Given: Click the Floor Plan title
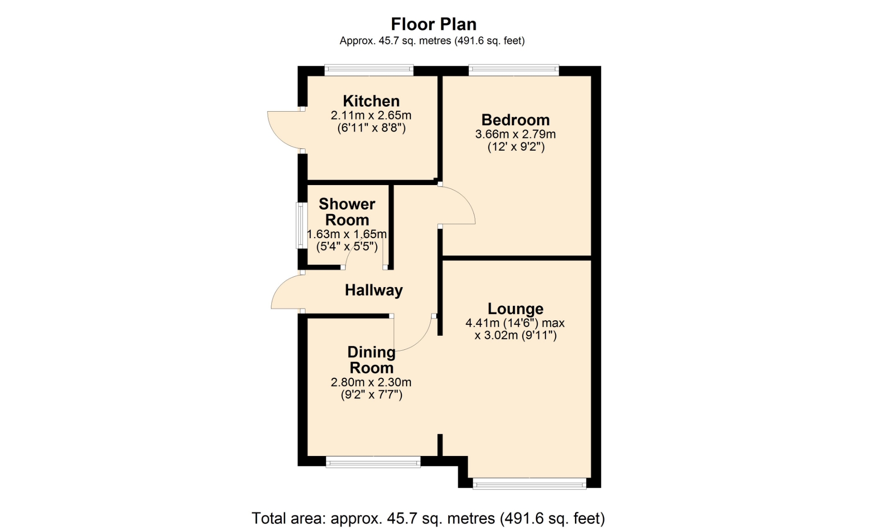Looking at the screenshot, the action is (x=434, y=24).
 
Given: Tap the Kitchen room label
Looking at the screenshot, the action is (x=371, y=101).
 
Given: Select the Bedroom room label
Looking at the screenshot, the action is (x=516, y=120).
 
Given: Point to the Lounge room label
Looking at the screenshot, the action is (x=516, y=309).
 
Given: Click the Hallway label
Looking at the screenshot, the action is (x=374, y=290).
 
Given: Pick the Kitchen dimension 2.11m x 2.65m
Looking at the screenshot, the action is (x=371, y=115).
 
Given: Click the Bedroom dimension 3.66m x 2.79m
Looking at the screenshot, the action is (x=516, y=134).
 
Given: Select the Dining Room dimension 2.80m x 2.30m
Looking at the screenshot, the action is (x=371, y=382).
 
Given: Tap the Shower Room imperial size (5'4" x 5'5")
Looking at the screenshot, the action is (x=347, y=247).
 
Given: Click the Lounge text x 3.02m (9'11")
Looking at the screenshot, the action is (x=516, y=335).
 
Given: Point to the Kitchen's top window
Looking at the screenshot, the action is (x=369, y=70).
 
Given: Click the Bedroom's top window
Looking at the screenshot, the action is (x=514, y=70).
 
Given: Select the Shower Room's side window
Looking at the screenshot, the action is (x=301, y=225).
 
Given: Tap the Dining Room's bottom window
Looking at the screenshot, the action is (x=373, y=463).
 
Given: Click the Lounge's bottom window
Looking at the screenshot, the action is (x=529, y=484).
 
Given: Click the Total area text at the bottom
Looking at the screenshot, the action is (x=428, y=518).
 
